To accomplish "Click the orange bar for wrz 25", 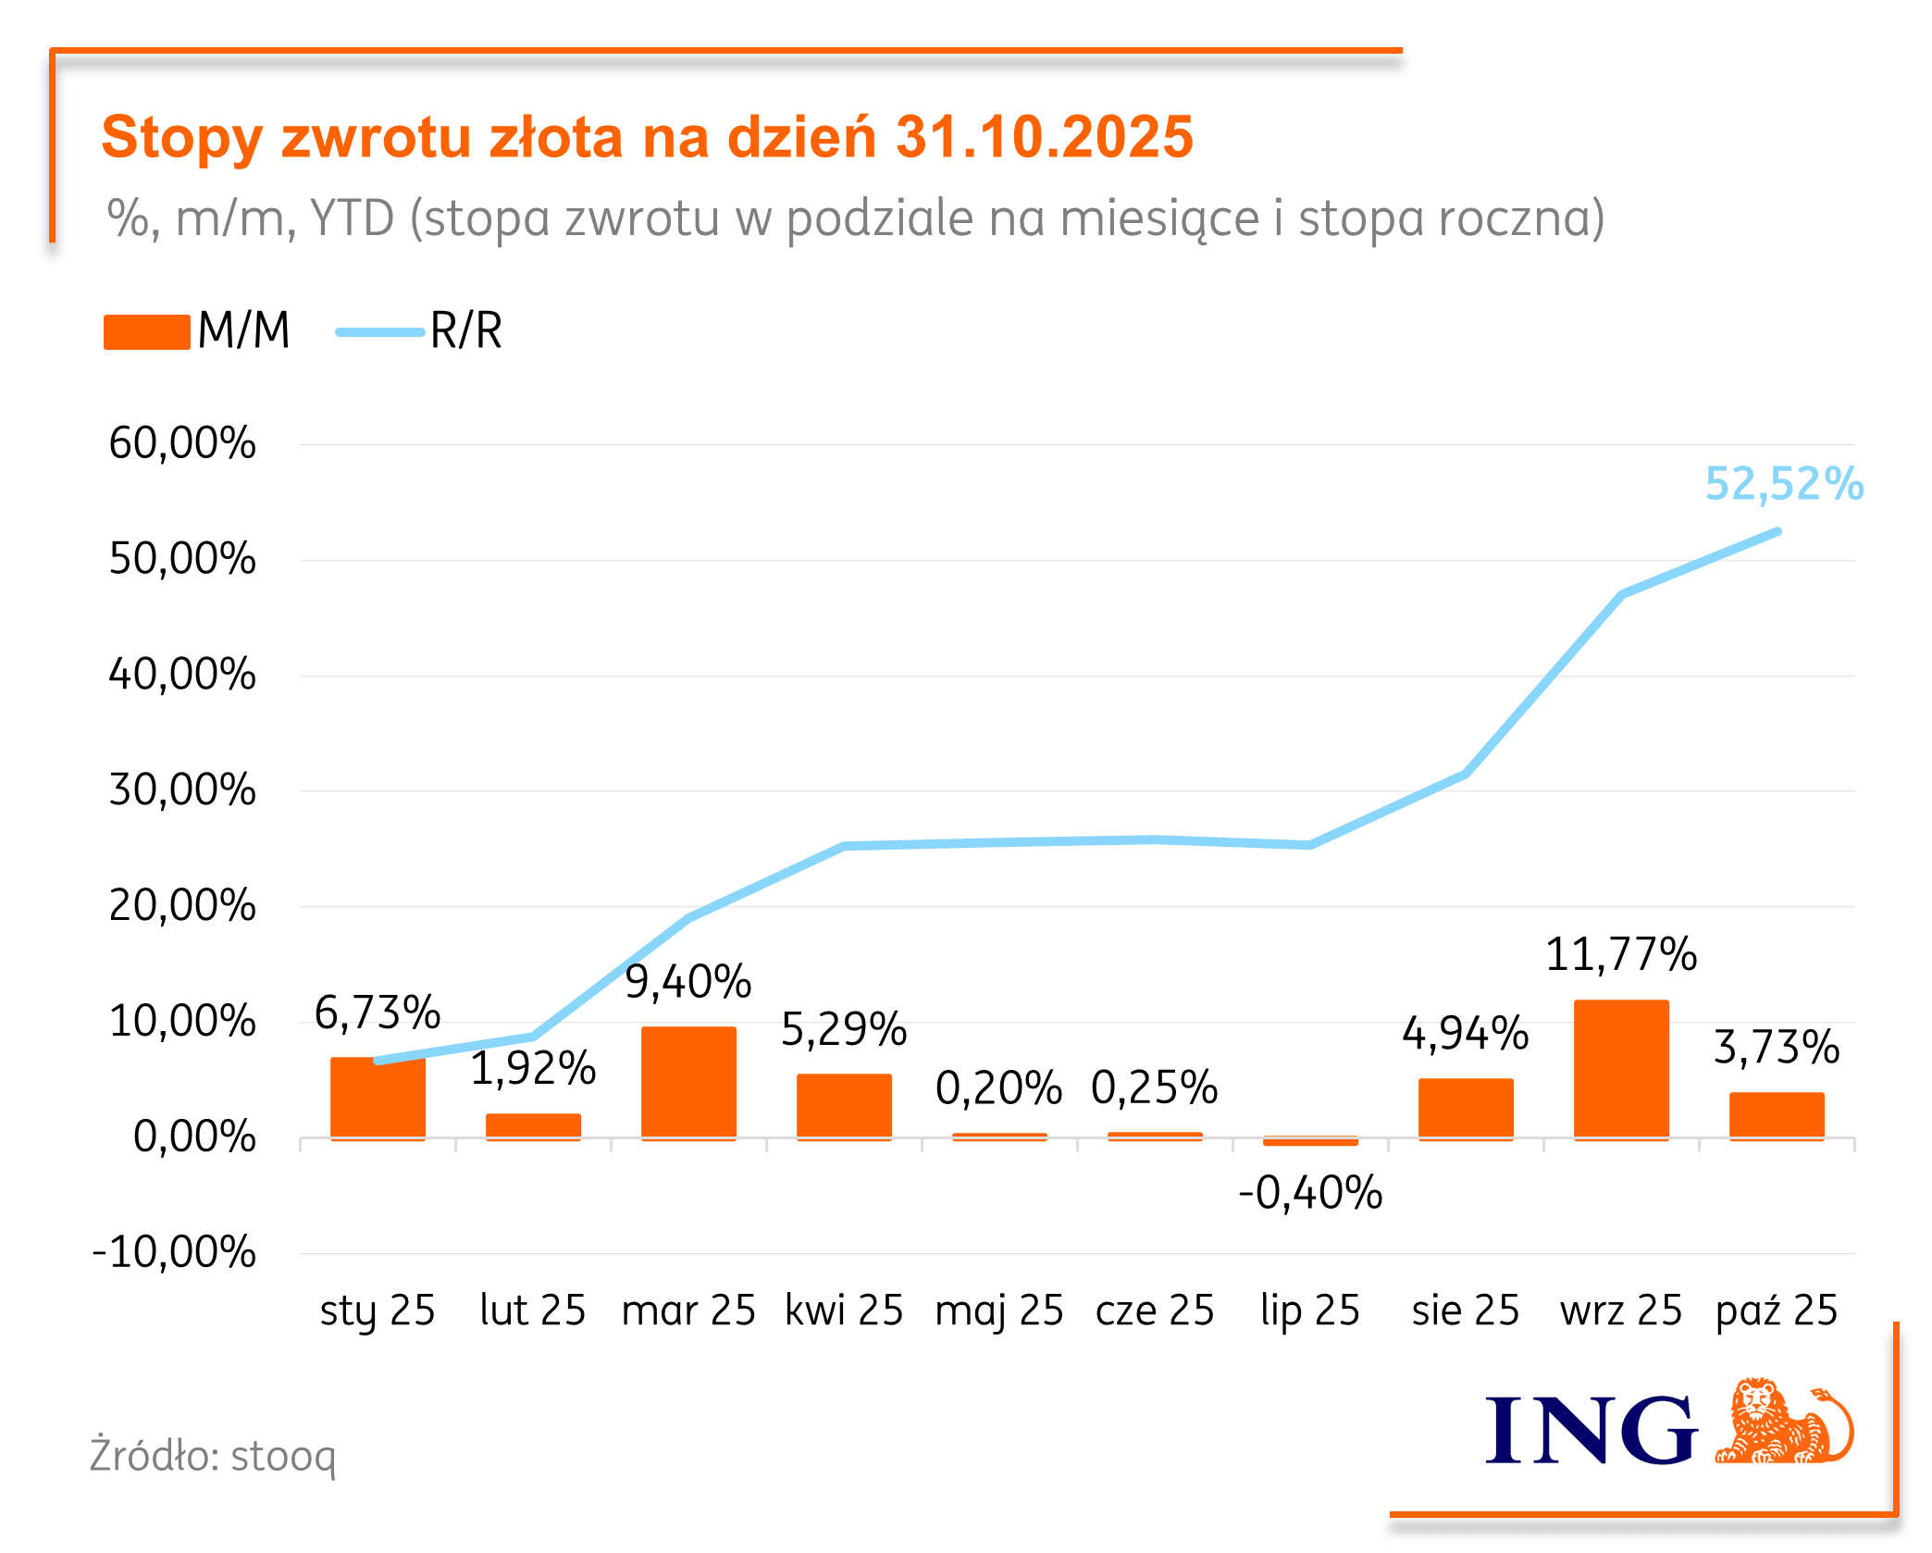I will pyautogui.click(x=1620, y=1069).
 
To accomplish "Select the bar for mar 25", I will pyautogui.click(x=688, y=1082).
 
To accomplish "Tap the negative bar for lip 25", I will pyautogui.click(x=1309, y=1142).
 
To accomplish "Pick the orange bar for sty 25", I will pyautogui.click(x=378, y=1099).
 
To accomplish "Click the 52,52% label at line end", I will pyautogui.click(x=1783, y=484).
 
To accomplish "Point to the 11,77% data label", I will pyautogui.click(x=1620, y=954).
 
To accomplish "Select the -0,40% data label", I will pyautogui.click(x=1309, y=1193).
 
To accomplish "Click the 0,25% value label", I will pyautogui.click(x=1154, y=1087).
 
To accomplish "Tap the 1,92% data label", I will pyautogui.click(x=533, y=1068).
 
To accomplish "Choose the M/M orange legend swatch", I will pyautogui.click(x=146, y=331).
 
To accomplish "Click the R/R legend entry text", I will pyautogui.click(x=465, y=330).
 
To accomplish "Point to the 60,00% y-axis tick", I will pyautogui.click(x=181, y=443).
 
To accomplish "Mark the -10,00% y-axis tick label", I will pyautogui.click(x=174, y=1252).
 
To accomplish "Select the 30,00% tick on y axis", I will pyautogui.click(x=181, y=790).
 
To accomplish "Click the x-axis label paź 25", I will pyautogui.click(x=1776, y=1311).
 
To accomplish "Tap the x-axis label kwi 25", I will pyautogui.click(x=844, y=1311).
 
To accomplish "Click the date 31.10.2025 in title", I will pyautogui.click(x=1045, y=137).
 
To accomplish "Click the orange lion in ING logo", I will pyautogui.click(x=1782, y=1423).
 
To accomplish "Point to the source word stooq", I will pyautogui.click(x=283, y=1457).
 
